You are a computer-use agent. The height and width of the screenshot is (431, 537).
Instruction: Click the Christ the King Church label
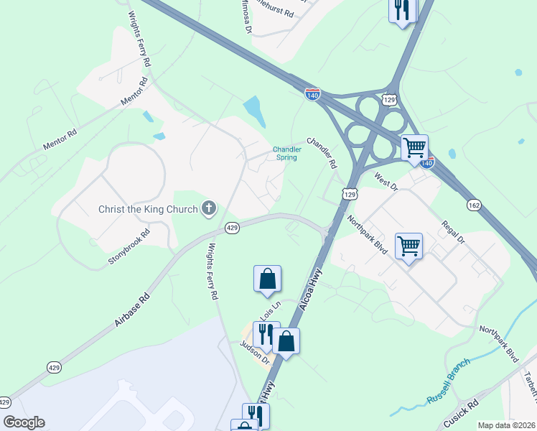coord(148,210)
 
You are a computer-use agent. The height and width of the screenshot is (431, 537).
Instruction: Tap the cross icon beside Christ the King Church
coord(209,209)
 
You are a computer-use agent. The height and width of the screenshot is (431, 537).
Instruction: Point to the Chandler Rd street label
coord(322,153)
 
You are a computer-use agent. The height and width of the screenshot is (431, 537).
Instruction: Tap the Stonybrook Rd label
coord(129,247)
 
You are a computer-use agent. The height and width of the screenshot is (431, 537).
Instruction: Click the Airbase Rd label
coord(131,310)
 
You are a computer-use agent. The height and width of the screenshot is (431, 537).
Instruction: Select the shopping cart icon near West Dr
coord(414,147)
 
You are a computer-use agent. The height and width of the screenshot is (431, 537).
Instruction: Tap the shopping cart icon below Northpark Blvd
coord(409,245)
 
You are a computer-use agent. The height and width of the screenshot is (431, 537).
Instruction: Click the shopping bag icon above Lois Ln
coord(267,278)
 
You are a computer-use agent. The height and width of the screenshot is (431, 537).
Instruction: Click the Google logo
coord(24,422)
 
